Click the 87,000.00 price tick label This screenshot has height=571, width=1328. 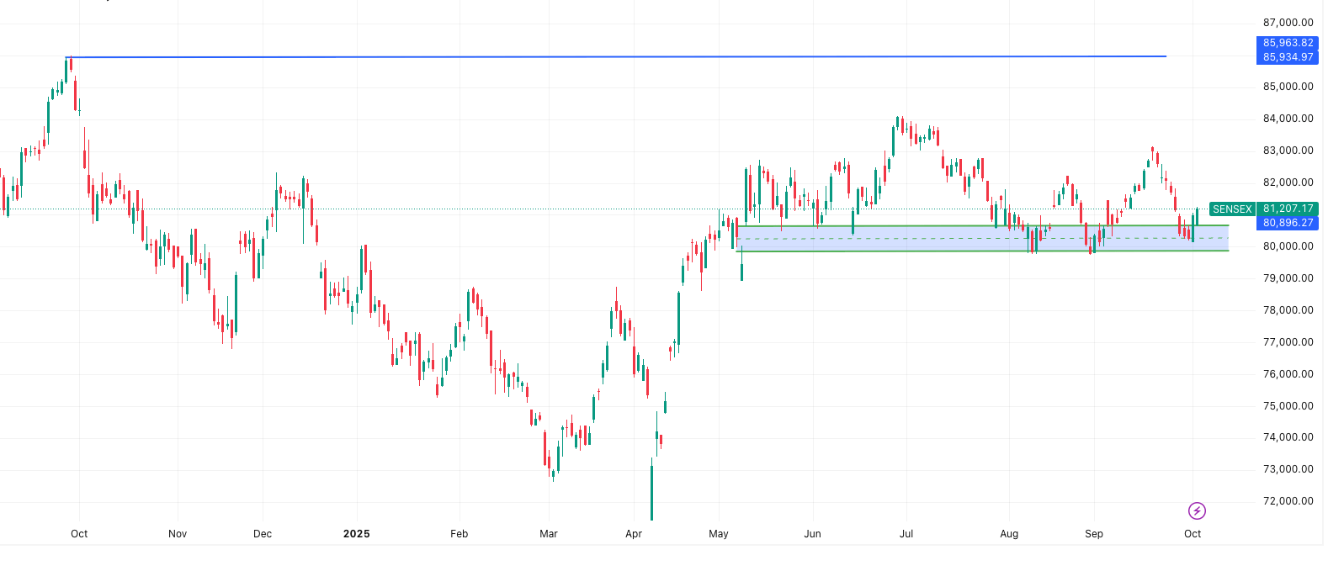(x=1288, y=23)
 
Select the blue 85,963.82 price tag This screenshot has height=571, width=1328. (x=1288, y=43)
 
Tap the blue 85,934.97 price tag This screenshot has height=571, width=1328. (x=1288, y=57)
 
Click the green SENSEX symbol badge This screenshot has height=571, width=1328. (x=1232, y=209)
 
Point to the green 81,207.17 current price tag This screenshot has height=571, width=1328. (x=1288, y=209)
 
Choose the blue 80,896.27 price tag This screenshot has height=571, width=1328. (x=1288, y=223)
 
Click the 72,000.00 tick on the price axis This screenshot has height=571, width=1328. (x=1288, y=501)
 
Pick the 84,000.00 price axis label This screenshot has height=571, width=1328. (x=1288, y=119)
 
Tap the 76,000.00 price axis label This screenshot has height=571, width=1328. (x=1288, y=374)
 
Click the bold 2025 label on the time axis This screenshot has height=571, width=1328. (x=357, y=534)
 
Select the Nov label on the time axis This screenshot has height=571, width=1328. (x=178, y=534)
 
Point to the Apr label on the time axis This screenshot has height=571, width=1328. (x=634, y=534)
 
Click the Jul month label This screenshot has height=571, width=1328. (x=906, y=534)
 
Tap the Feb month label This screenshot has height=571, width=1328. (x=459, y=534)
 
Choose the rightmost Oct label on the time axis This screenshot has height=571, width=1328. (x=1193, y=534)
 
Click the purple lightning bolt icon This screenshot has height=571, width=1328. (x=1197, y=510)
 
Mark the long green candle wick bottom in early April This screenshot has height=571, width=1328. (x=651, y=518)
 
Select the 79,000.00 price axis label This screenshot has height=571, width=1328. (x=1288, y=278)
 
